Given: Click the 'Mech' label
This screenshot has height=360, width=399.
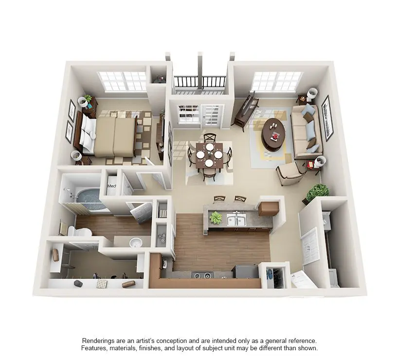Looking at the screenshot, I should pyautogui.click(x=111, y=186).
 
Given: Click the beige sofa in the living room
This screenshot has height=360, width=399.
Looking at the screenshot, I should pyautogui.click(x=307, y=131).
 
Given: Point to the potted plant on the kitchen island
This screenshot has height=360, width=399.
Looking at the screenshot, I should pyautogui.click(x=215, y=217).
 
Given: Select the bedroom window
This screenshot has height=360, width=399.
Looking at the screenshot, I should pyautogui.click(x=122, y=81).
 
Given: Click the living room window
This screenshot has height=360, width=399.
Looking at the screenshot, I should pyautogui.click(x=276, y=81).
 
